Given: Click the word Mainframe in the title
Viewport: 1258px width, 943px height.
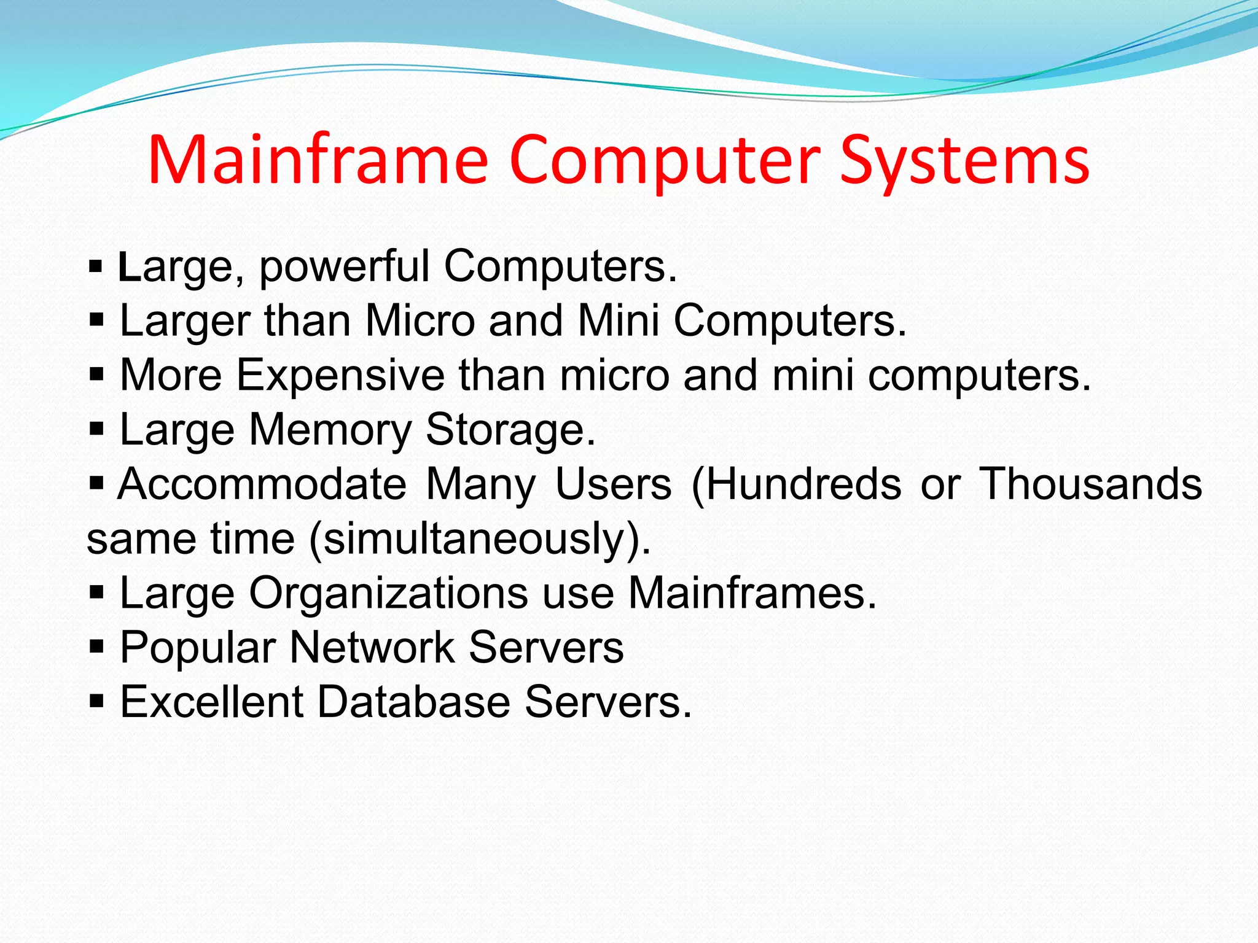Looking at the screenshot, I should tap(318, 160).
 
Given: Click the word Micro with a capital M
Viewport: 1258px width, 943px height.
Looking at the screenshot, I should tap(420, 320).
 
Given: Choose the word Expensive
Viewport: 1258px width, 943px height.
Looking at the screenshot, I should tap(341, 375).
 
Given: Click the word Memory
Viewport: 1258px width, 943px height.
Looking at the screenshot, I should tap(330, 430).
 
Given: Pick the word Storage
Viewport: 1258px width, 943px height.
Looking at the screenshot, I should tap(510, 430).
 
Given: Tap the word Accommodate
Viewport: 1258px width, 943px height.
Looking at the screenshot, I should tap(262, 484).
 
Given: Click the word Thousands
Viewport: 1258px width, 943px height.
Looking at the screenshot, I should tap(1090, 484).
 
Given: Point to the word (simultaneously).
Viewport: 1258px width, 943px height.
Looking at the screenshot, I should tap(480, 540).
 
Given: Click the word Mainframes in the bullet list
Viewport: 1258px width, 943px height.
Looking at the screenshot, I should tap(752, 594).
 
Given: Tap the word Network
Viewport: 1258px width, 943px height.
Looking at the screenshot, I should tap(372, 648).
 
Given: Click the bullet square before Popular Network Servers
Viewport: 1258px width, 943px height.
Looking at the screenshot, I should tap(96, 646).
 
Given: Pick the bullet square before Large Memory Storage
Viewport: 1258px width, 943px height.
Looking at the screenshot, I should tap(96, 428).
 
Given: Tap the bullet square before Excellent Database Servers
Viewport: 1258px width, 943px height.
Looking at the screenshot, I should tap(96, 700).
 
